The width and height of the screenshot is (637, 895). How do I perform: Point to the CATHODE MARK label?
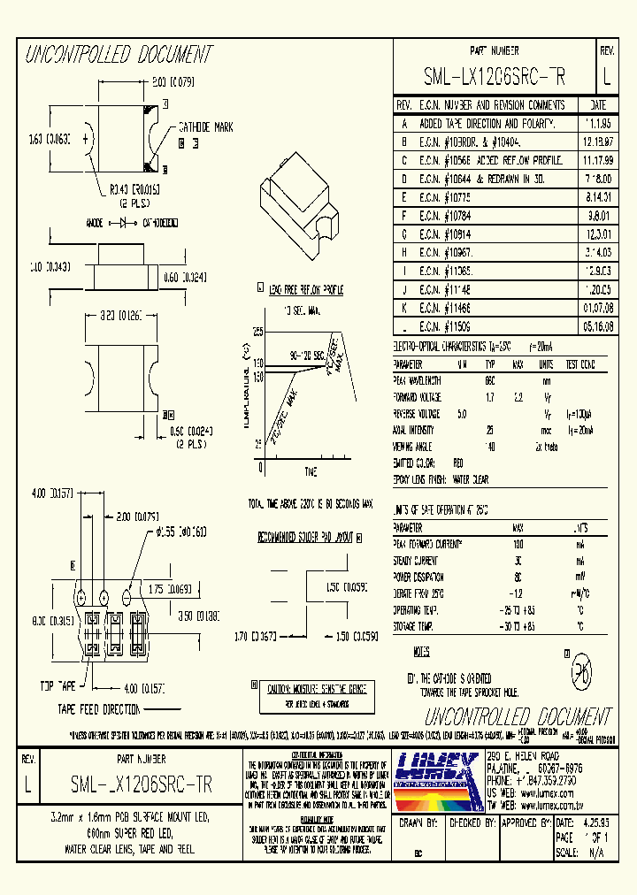coord(205,127)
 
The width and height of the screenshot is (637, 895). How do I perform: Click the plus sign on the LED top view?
coord(85,139)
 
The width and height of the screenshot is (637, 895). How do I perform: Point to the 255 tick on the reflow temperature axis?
coord(258,332)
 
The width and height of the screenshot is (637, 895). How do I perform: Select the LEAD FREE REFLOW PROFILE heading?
coord(306,289)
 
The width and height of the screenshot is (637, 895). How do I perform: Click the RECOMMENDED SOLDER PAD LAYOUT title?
coord(305,537)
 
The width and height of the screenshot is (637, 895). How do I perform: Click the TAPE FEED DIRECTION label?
coord(99,709)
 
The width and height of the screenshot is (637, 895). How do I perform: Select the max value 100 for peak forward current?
coord(518,545)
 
